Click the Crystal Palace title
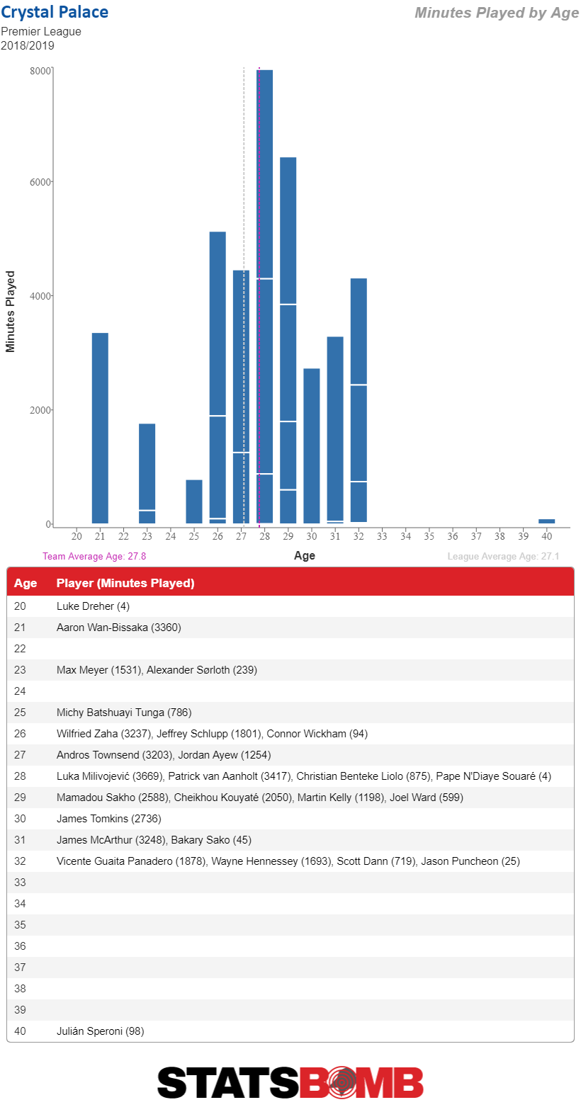[x=54, y=12]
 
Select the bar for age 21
[x=100, y=428]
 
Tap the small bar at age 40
[x=547, y=521]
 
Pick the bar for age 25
[x=194, y=501]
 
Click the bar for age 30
[x=311, y=446]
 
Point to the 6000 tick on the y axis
[x=40, y=182]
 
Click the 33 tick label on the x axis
[x=382, y=536]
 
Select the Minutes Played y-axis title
[x=10, y=311]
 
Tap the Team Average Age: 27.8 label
[x=94, y=556]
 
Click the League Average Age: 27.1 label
[x=503, y=556]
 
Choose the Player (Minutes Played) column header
[x=125, y=583]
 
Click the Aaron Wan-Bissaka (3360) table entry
[x=119, y=628]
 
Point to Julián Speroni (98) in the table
[x=101, y=1031]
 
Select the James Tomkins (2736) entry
[x=108, y=819]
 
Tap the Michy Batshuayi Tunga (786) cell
[x=124, y=713]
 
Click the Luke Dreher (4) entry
[x=93, y=606]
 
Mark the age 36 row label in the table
[x=20, y=946]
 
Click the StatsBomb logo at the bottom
[x=290, y=1082]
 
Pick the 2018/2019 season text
[x=28, y=45]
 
